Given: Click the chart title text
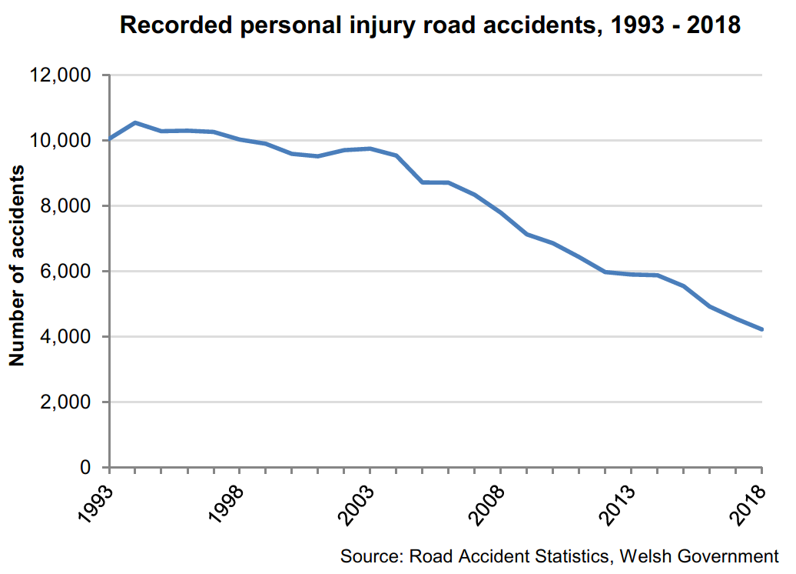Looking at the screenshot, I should [430, 26].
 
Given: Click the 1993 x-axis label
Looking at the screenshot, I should [97, 504].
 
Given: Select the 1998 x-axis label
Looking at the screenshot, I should [227, 504].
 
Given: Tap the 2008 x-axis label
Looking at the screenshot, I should [488, 504].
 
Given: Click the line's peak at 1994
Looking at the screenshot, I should [135, 122].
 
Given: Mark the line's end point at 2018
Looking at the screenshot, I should [761, 329].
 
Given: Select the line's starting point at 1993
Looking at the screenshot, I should [110, 139].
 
